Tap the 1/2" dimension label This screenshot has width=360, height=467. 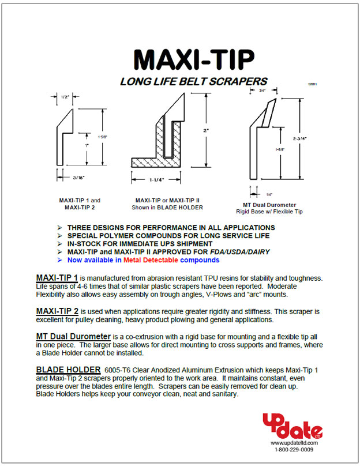point(65,97)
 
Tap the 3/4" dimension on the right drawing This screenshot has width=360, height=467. point(261,91)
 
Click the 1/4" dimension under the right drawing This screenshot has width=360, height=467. point(269,194)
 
